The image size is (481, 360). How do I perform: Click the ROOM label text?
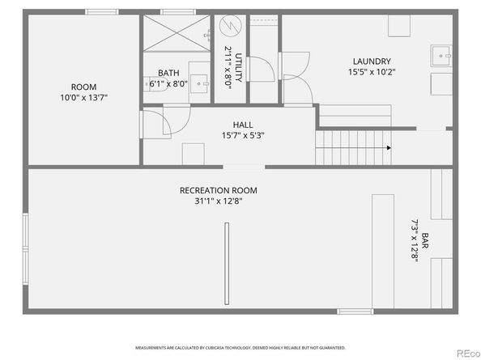click(83, 87)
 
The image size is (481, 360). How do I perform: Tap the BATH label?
click(169, 72)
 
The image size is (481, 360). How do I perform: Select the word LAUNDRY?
click(372, 61)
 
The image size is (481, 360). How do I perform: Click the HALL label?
click(243, 125)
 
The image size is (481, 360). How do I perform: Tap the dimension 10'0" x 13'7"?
click(83, 97)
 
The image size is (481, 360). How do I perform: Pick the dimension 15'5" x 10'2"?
click(372, 72)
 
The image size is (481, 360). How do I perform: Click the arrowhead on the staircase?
click(389, 148)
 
